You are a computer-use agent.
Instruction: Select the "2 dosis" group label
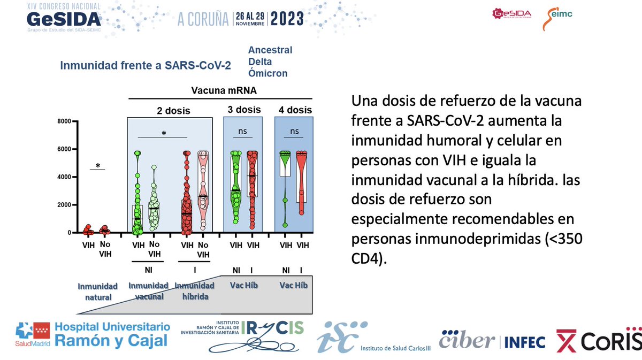[173, 111]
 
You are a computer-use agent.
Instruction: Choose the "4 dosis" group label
[295, 110]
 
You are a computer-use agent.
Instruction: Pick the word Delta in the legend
[259, 62]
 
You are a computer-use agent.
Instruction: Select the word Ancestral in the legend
[270, 50]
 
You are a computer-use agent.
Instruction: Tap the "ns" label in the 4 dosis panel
[294, 130]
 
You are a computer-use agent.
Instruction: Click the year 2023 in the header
[287, 19]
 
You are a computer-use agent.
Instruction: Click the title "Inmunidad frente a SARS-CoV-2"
[146, 66]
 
